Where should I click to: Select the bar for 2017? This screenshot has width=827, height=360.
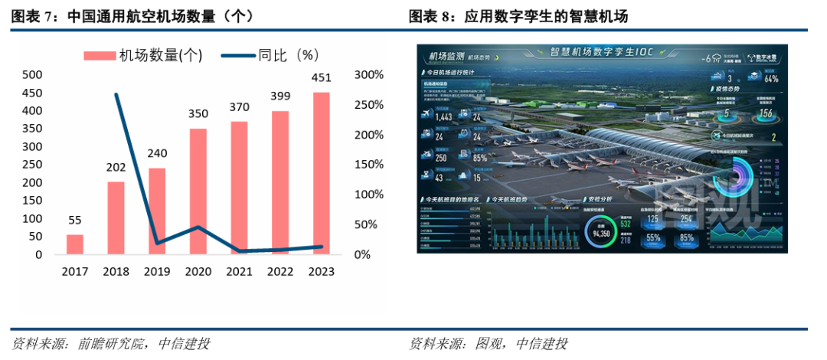(x=74, y=244)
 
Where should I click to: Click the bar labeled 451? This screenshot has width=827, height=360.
(x=322, y=173)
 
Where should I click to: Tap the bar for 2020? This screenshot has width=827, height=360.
(x=198, y=191)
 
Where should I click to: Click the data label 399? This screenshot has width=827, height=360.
(x=280, y=97)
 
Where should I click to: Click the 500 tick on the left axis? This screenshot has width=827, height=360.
(x=32, y=74)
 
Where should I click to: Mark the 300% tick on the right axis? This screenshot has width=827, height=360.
(x=369, y=74)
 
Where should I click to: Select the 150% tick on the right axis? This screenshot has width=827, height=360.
(x=369, y=165)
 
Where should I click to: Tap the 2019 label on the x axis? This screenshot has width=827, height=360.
(x=157, y=272)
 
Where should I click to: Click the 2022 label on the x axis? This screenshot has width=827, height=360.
(x=280, y=272)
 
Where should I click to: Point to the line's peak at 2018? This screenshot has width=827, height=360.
(x=116, y=95)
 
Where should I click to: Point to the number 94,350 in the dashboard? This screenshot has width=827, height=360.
(x=601, y=233)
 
